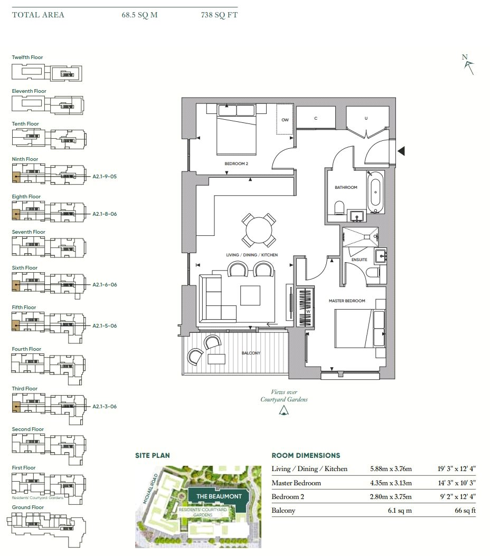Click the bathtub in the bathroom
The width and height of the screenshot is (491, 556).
(x=375, y=192)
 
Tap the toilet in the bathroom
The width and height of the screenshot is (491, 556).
(x=339, y=208)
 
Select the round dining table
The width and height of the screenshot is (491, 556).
(x=259, y=230)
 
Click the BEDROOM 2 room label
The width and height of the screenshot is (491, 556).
(x=237, y=164)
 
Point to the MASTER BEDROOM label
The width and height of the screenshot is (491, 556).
(x=347, y=301)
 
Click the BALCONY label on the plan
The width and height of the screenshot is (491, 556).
(x=251, y=353)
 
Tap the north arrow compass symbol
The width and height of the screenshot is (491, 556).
(x=468, y=64)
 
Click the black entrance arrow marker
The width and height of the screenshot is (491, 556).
(x=401, y=151)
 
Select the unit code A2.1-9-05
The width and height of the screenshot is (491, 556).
(x=105, y=177)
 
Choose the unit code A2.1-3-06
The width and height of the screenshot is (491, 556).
(x=105, y=407)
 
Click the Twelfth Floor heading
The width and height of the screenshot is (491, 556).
(x=27, y=57)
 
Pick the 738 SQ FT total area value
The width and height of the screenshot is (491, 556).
(x=219, y=15)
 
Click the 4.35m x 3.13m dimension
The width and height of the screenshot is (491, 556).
(x=391, y=483)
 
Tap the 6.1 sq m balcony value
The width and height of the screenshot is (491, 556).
(x=400, y=511)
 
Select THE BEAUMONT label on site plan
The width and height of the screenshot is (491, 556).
(x=219, y=496)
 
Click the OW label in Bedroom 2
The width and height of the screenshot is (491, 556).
(x=285, y=120)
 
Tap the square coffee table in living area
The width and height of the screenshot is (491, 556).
(x=250, y=295)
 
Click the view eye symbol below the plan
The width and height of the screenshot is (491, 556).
(x=284, y=410)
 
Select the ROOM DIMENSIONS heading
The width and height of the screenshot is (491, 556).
(x=306, y=456)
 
